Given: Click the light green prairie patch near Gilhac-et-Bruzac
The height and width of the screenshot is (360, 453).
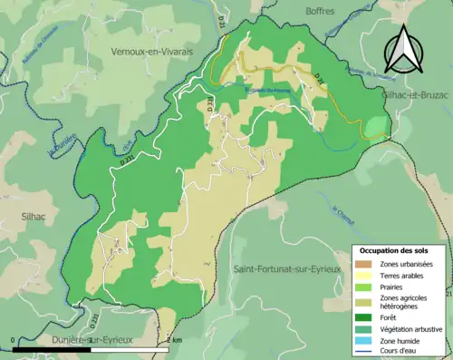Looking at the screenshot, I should pos(375,126).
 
